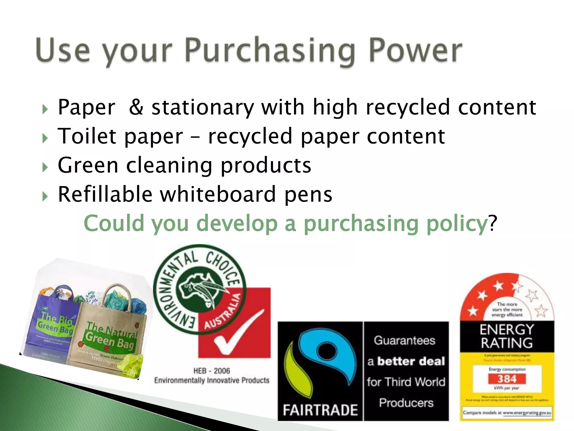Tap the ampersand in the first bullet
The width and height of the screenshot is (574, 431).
(x=136, y=107)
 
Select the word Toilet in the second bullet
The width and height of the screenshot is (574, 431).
(x=86, y=136)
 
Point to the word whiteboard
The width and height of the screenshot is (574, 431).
(x=218, y=194)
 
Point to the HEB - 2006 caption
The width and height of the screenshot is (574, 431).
(x=212, y=371)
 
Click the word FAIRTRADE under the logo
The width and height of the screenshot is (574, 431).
(x=320, y=410)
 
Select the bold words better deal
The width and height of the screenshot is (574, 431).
(x=411, y=361)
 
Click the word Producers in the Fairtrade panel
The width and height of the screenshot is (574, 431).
(x=406, y=403)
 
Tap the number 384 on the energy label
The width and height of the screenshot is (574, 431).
(x=507, y=379)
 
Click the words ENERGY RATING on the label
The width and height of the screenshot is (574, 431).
(x=507, y=336)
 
